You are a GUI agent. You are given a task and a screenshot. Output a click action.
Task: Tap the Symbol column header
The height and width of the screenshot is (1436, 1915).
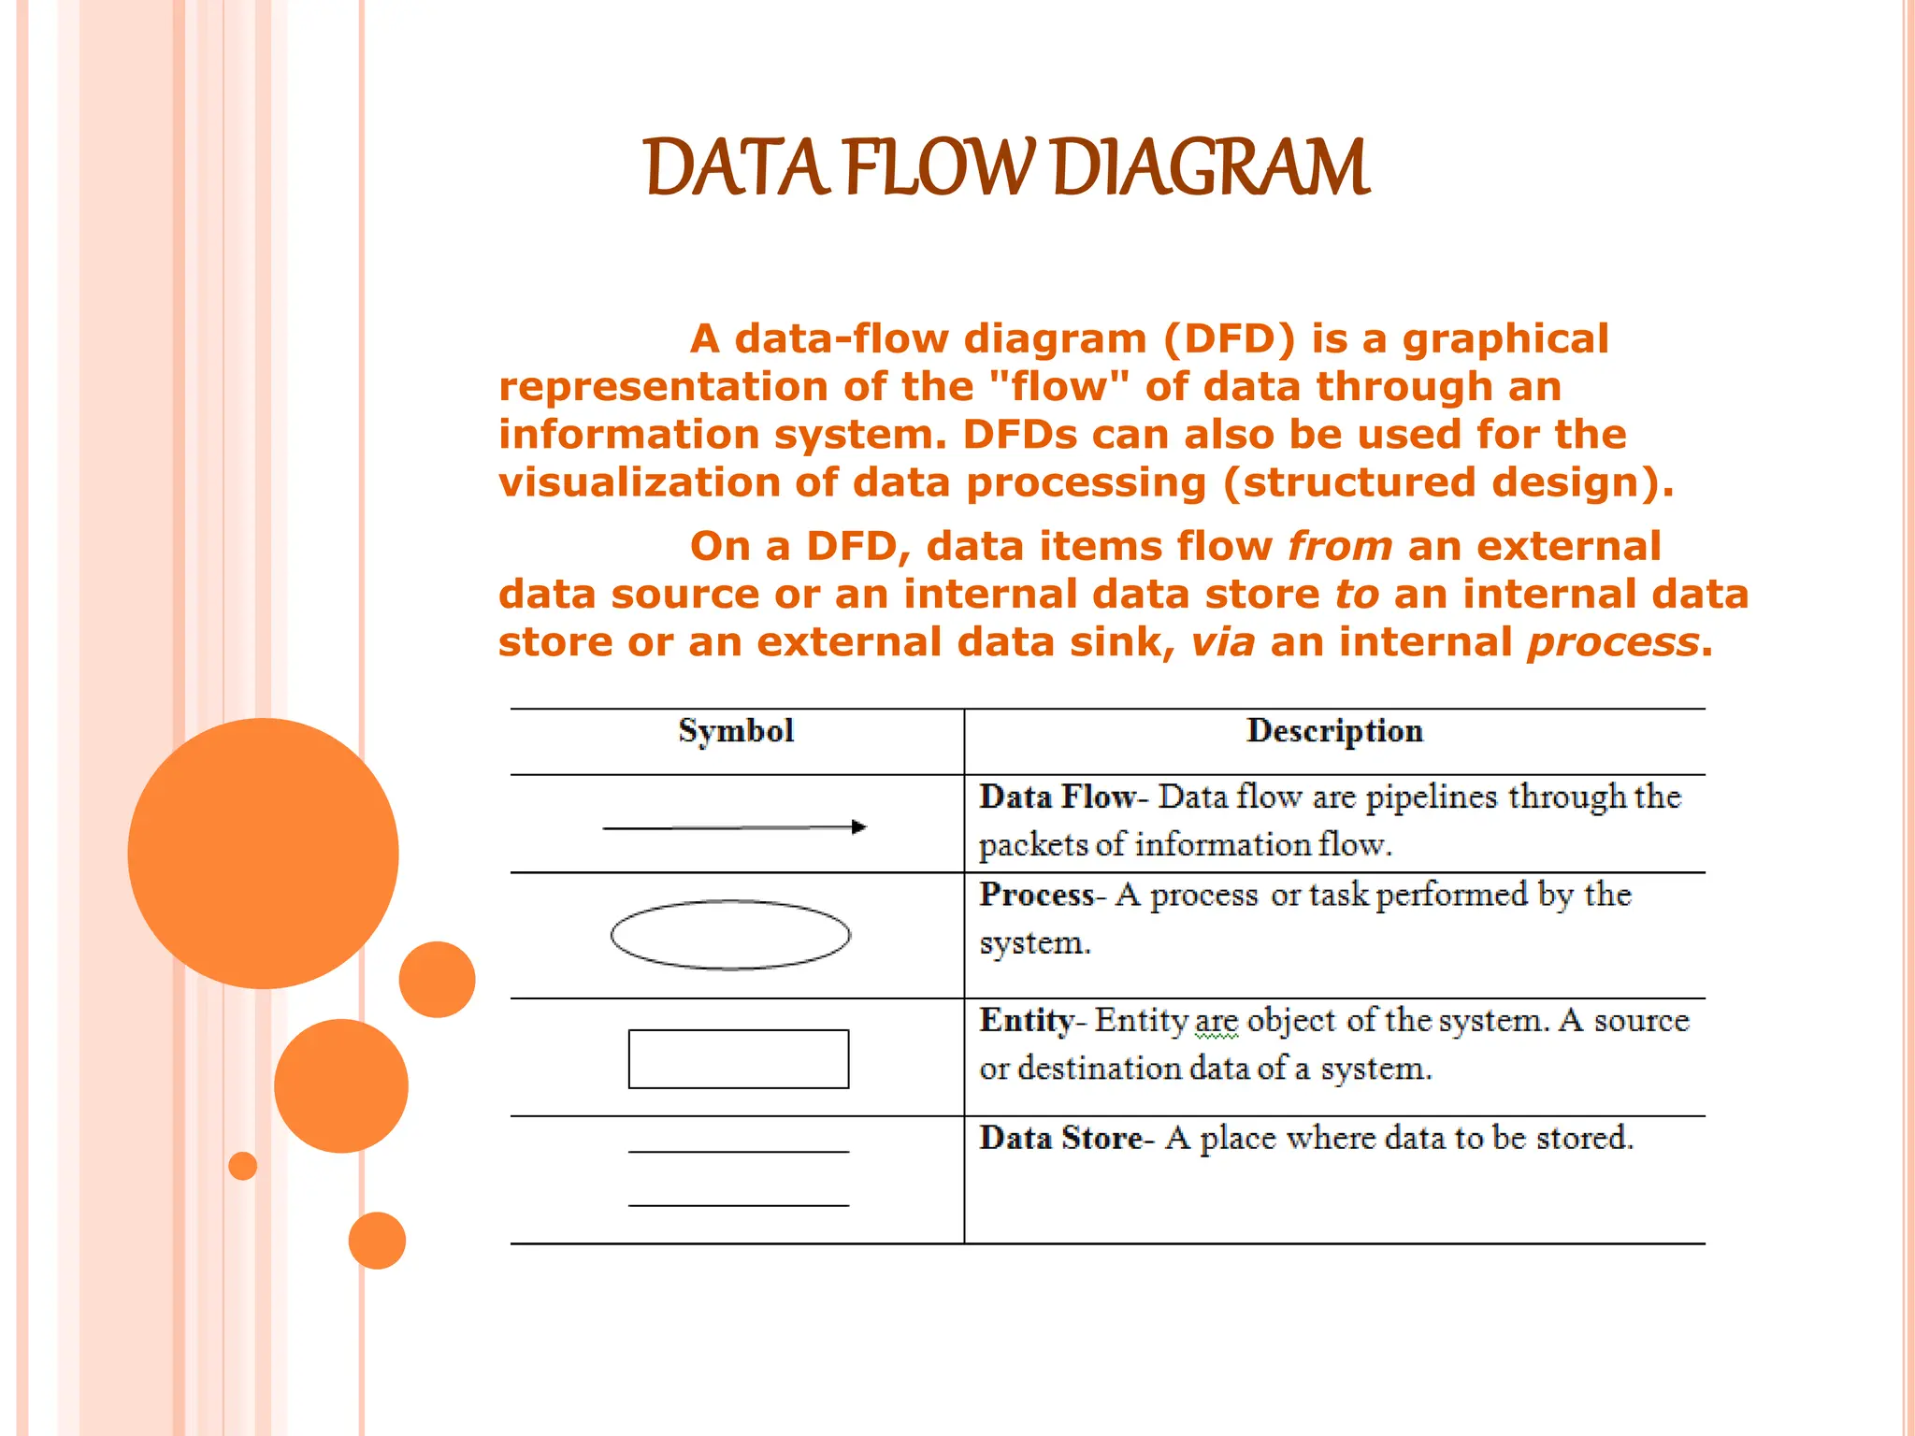(x=736, y=731)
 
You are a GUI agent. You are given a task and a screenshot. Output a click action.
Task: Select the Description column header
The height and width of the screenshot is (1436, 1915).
(x=1334, y=731)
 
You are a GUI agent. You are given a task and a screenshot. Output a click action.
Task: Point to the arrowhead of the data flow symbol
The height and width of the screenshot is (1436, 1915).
(x=859, y=826)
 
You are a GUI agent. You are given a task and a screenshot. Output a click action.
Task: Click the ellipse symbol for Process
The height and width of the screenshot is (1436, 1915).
(x=730, y=935)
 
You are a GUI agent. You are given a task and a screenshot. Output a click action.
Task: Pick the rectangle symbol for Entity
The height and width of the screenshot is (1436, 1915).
(x=739, y=1059)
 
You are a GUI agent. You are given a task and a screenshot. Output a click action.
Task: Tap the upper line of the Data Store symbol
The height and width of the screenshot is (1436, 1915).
(x=739, y=1152)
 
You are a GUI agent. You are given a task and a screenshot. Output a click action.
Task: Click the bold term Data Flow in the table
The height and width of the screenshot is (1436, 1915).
(x=1057, y=797)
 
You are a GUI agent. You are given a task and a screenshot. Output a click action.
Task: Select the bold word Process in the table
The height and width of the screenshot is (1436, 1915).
(x=1036, y=896)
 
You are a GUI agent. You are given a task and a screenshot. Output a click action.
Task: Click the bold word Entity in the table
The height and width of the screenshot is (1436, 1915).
(x=1026, y=1021)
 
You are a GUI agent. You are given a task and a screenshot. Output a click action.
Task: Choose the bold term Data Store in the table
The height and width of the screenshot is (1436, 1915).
(x=1060, y=1139)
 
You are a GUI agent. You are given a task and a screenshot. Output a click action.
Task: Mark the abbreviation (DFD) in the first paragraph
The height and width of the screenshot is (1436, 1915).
(x=1230, y=339)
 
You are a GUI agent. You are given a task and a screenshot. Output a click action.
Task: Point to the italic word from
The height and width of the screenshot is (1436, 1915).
(x=1339, y=547)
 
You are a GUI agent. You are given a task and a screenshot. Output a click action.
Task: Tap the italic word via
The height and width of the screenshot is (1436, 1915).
(x=1222, y=643)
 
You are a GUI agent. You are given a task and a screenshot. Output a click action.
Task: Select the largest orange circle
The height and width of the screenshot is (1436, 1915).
(x=263, y=853)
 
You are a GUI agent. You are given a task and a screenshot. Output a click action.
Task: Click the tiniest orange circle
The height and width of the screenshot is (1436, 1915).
(x=242, y=1166)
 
